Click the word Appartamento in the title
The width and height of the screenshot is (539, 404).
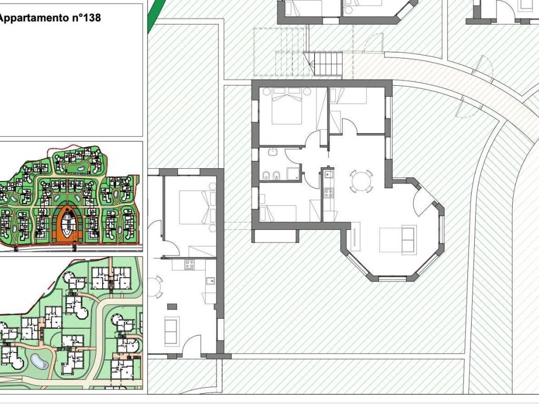(34, 17)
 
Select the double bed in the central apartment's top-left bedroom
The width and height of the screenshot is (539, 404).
(287, 106)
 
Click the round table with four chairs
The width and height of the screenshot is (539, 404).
(361, 181)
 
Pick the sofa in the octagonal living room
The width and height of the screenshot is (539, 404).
(409, 240)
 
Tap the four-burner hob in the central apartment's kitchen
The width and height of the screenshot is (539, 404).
(328, 193)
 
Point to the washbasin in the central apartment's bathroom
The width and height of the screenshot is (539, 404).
(273, 151)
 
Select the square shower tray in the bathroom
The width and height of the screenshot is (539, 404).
(293, 174)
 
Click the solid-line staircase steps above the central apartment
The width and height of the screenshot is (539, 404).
(328, 63)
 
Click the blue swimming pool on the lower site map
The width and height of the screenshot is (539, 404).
(39, 361)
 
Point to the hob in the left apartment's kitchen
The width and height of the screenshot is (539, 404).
(189, 265)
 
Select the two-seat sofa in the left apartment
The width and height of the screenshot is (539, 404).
(172, 331)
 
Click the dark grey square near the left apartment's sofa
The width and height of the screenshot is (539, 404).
(172, 307)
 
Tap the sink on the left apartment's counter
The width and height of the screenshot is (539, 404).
(211, 280)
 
